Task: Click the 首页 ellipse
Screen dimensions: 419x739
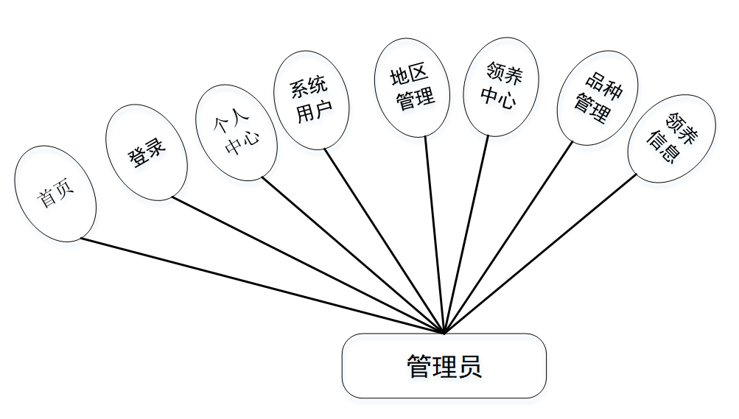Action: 55,194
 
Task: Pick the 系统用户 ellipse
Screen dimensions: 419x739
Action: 311,100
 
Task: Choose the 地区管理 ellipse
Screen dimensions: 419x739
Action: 413,87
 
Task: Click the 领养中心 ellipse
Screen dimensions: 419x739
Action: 502,86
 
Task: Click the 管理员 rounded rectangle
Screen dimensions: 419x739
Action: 444,366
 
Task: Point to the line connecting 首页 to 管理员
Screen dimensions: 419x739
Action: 258,284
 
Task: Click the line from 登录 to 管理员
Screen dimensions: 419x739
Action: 306,265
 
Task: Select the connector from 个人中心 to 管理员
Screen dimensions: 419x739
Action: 354,255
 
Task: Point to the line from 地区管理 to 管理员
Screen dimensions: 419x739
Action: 435,236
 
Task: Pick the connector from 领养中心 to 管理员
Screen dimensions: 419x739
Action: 466,236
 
